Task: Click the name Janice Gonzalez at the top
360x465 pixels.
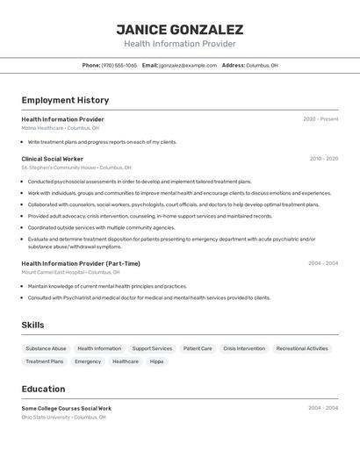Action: [x=179, y=29]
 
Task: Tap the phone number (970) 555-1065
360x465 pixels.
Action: [x=119, y=65]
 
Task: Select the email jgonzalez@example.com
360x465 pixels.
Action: [x=188, y=65]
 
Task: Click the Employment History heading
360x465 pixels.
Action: [x=65, y=100]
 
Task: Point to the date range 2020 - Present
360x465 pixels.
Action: [x=320, y=119]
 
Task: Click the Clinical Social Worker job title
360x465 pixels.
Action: [x=52, y=159]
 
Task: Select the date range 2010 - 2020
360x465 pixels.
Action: [x=323, y=159]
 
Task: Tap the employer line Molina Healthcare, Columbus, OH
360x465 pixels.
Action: [x=60, y=128]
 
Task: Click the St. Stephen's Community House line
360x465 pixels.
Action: [x=76, y=168]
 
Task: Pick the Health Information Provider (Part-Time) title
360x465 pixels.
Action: [x=81, y=263]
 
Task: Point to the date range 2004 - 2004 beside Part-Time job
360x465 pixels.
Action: [x=322, y=263]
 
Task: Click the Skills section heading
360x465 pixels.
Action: [x=32, y=325]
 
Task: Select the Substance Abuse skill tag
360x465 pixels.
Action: [x=46, y=348]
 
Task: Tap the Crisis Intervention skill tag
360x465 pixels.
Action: [x=244, y=348]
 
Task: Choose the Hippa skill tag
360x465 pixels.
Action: [x=156, y=361]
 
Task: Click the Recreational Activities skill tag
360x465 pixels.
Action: [x=302, y=348]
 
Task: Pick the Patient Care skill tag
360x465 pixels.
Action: [x=198, y=348]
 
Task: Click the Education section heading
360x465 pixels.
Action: [x=43, y=389]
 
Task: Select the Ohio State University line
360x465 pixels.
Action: [x=63, y=418]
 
